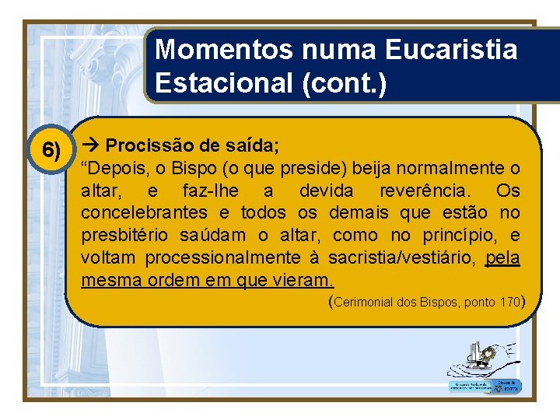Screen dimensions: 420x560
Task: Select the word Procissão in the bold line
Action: [146, 145]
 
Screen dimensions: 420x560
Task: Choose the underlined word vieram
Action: [300, 280]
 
